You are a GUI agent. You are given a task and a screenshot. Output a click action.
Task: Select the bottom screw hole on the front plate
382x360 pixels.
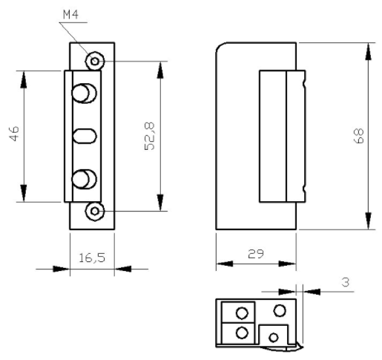click(x=93, y=212)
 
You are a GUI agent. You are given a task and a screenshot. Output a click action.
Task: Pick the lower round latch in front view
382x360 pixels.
click(x=83, y=179)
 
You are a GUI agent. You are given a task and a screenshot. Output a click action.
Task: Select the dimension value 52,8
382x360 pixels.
click(x=148, y=136)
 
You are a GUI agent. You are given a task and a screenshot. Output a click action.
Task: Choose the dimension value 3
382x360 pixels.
click(x=346, y=283)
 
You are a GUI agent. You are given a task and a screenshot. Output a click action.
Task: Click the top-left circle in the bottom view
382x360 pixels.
click(x=241, y=312)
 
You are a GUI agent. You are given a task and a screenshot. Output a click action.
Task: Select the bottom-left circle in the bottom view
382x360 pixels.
click(x=241, y=332)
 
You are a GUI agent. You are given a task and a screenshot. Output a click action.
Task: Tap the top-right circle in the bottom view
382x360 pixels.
click(x=280, y=310)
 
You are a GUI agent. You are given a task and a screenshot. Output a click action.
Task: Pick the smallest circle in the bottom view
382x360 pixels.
click(x=274, y=338)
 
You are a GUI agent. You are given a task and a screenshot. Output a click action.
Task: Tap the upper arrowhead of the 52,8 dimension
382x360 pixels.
click(x=159, y=67)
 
